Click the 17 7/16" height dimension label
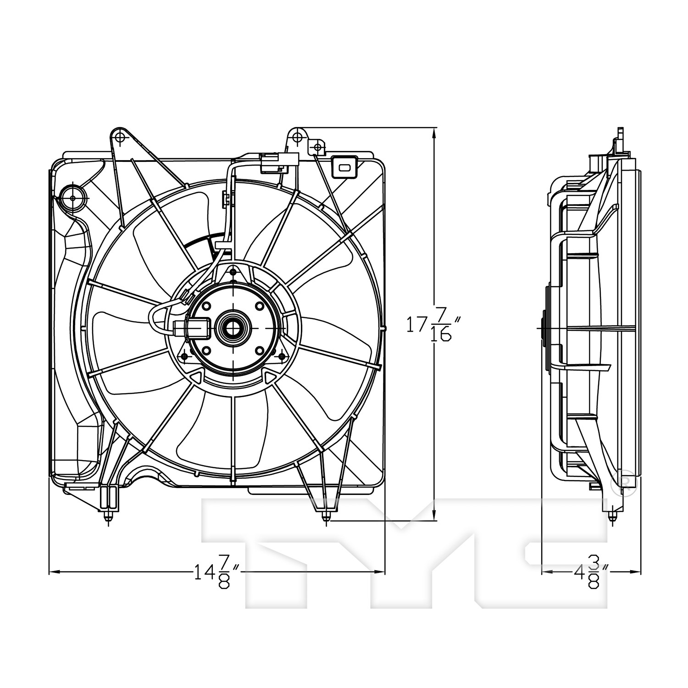[429, 327]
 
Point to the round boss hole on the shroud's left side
[72, 197]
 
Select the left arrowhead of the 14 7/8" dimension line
[51, 571]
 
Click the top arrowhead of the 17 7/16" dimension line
[434, 131]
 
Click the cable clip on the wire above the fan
[225, 198]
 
